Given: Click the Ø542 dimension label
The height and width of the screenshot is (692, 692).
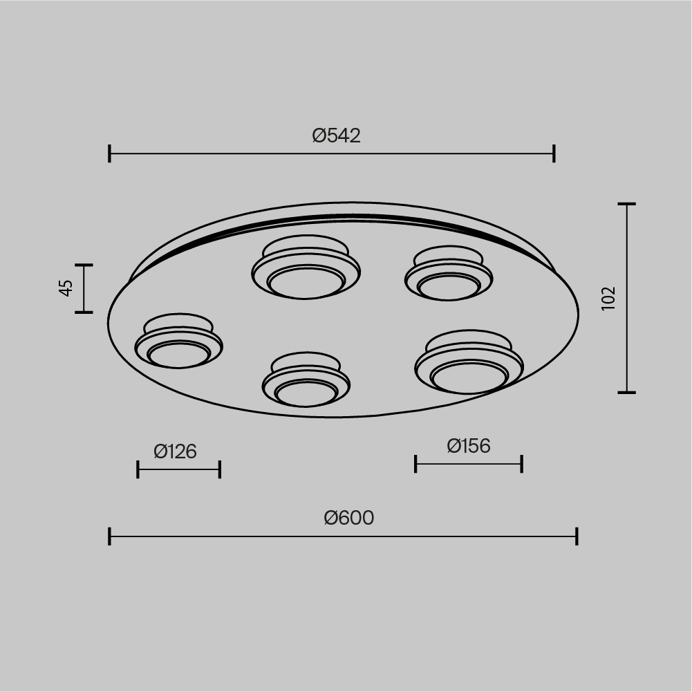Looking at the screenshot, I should point(336,135).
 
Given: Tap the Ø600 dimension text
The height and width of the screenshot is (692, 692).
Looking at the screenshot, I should point(348,518).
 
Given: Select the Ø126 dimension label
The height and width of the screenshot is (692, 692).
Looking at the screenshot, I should point(175,451).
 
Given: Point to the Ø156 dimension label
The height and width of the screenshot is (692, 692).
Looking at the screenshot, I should point(469,446).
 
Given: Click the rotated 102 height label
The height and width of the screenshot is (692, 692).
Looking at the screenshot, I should point(608,298).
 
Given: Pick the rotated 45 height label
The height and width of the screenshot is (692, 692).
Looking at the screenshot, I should point(66,288).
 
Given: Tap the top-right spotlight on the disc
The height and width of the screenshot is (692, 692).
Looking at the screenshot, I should point(448,275).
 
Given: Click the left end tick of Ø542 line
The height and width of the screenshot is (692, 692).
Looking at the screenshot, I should point(110,153).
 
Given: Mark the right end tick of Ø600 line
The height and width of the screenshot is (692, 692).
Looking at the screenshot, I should point(577,536).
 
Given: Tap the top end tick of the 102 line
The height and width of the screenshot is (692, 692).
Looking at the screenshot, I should point(627,205).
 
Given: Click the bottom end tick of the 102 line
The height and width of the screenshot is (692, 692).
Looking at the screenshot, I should point(627,392).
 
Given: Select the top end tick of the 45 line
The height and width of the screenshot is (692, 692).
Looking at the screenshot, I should point(84,265).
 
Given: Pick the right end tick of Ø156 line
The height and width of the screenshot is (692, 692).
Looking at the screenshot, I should point(521,464).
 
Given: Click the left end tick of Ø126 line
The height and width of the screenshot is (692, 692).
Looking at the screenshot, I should point(138,469).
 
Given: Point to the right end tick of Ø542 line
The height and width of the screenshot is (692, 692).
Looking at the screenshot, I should point(554,153).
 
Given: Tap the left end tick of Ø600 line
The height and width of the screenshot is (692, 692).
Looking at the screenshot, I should point(110,536).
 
